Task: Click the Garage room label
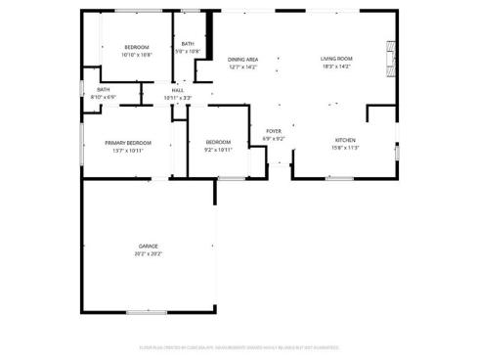(x=148, y=246)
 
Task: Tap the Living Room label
(x=337, y=59)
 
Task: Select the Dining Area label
(x=242, y=59)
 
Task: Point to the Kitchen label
(x=346, y=140)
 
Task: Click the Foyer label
(x=274, y=131)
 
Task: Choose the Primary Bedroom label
(x=126, y=144)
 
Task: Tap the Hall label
(x=178, y=90)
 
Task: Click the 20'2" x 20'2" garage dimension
(x=148, y=253)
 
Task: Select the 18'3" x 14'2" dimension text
(x=337, y=67)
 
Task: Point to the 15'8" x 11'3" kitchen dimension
(x=346, y=148)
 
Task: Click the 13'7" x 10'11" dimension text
(x=126, y=152)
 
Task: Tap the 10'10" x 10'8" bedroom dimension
(x=137, y=55)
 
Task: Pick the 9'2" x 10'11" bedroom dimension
(x=218, y=150)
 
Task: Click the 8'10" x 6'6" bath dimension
(x=103, y=97)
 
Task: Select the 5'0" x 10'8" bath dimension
(x=188, y=51)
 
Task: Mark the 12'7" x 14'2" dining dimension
(x=242, y=67)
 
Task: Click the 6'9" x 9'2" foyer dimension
(x=274, y=139)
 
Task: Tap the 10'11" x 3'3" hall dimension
(x=178, y=98)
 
